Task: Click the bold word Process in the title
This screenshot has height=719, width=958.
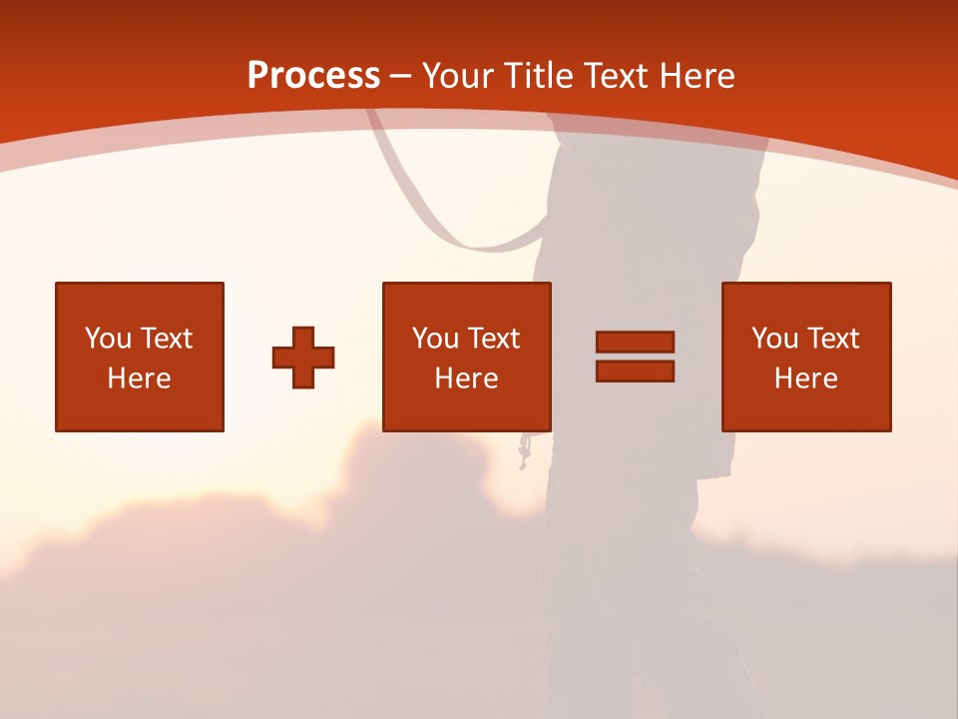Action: (x=313, y=76)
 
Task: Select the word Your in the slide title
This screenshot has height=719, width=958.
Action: (x=461, y=76)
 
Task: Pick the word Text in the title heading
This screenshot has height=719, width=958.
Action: (x=616, y=76)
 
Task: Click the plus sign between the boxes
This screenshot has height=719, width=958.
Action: (x=303, y=358)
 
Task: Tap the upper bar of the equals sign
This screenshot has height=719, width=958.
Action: (x=635, y=342)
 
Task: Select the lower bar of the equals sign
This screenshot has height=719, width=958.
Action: (x=635, y=370)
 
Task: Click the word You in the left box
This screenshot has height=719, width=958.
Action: (x=108, y=339)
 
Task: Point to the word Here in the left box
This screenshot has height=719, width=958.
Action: (x=139, y=378)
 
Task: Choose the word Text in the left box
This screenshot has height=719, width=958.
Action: (x=166, y=339)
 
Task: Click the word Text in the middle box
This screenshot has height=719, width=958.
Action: (x=494, y=339)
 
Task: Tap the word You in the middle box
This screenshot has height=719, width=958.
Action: (x=435, y=339)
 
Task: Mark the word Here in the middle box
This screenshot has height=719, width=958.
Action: (x=466, y=378)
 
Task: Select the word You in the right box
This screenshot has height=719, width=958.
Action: (x=774, y=339)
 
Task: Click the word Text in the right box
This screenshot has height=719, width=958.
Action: (x=833, y=339)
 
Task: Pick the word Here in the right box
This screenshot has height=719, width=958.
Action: (x=805, y=378)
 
